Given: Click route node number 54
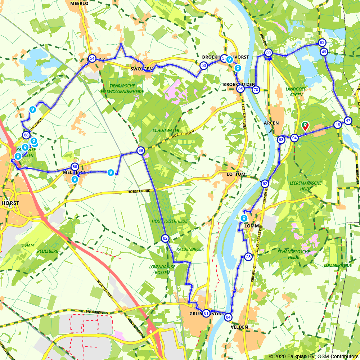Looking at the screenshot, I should click(92, 59).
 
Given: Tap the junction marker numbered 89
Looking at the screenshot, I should click(141, 150).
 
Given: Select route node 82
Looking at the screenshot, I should click(165, 238).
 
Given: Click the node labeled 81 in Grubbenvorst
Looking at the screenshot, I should click(206, 313).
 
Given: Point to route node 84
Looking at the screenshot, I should click(228, 317).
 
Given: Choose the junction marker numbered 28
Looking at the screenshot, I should click(248, 257).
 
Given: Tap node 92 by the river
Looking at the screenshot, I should click(265, 184).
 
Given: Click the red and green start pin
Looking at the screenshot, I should click(305, 126).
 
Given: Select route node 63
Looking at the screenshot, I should click(322, 43).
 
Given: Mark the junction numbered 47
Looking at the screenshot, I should click(348, 121).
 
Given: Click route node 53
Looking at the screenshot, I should click(204, 66).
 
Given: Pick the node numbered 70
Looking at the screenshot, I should click(256, 89).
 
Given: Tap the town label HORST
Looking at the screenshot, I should click(10, 203).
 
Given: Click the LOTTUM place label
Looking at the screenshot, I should click(236, 174).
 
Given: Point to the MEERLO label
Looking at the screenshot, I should click(80, 3).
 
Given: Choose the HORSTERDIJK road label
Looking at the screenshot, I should click(138, 192).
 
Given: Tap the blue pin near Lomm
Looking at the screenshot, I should click(244, 218).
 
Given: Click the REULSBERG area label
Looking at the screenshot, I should click(48, 251).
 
